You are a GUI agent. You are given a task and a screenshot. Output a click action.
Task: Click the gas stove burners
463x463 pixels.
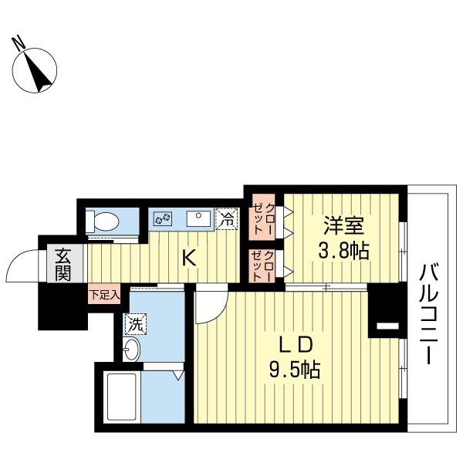coord(164,219)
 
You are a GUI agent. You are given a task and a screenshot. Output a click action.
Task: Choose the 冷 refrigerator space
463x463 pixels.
coord(227,219)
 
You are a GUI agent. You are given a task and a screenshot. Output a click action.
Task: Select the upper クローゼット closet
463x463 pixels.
coord(264,215)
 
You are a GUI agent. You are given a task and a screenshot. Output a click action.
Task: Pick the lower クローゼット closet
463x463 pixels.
coord(264,265)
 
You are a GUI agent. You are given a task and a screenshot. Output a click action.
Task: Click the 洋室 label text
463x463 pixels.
coord(343,226)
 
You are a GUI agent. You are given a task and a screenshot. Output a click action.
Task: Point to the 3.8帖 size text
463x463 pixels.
coord(344,250)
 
